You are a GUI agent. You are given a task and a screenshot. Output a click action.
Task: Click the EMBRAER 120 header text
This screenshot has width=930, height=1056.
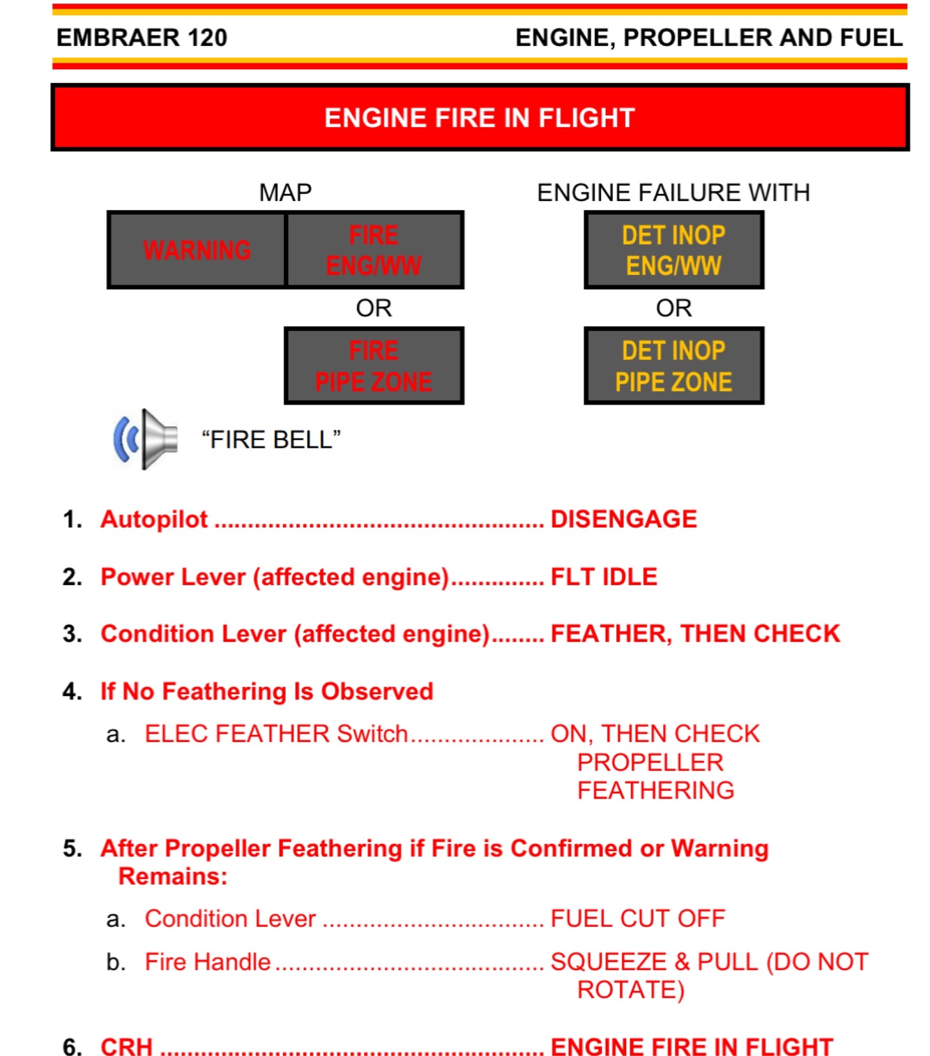[x=142, y=38]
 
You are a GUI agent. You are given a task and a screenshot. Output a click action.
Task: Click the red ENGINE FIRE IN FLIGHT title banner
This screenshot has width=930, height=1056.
[x=480, y=117]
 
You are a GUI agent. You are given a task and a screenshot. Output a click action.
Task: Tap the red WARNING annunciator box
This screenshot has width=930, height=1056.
[x=197, y=250]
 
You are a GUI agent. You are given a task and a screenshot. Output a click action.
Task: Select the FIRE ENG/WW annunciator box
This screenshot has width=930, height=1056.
[x=374, y=250]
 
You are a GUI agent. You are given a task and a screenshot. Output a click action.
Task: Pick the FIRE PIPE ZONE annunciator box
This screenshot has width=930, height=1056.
[x=374, y=365]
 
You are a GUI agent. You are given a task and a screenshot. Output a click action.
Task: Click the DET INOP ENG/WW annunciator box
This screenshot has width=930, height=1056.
[x=673, y=250]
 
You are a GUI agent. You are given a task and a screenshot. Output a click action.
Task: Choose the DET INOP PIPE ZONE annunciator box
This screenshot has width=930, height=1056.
[x=673, y=365]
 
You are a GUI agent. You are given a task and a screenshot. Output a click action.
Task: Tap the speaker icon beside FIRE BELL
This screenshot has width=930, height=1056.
[x=146, y=439]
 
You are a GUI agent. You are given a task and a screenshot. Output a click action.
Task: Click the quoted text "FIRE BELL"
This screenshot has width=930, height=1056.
[x=271, y=440]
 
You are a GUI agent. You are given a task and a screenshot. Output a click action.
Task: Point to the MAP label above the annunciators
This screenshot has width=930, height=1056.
[x=285, y=193]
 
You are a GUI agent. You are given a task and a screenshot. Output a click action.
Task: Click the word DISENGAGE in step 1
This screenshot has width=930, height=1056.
[x=624, y=519]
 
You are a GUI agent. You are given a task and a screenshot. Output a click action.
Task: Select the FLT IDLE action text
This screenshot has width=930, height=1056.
[x=604, y=577]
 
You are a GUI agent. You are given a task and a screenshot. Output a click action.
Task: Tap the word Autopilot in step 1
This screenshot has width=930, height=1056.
[x=154, y=519]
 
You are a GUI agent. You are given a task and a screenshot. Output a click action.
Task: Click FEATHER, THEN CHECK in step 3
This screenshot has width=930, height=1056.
[x=695, y=633]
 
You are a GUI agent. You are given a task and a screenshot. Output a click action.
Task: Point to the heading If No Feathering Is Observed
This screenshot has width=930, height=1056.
[x=267, y=691]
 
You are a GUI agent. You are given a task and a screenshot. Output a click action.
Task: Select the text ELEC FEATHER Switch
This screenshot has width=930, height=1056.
[x=276, y=734]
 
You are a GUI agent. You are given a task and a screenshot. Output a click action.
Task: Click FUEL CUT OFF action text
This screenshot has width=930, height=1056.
[x=638, y=919]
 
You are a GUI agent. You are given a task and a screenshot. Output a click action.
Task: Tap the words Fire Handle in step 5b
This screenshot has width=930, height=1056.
[x=208, y=962]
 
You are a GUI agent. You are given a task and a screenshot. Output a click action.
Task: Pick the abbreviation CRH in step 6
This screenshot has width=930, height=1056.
[x=127, y=1046]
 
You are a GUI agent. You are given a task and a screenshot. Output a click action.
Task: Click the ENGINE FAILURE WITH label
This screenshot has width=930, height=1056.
[x=673, y=193]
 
